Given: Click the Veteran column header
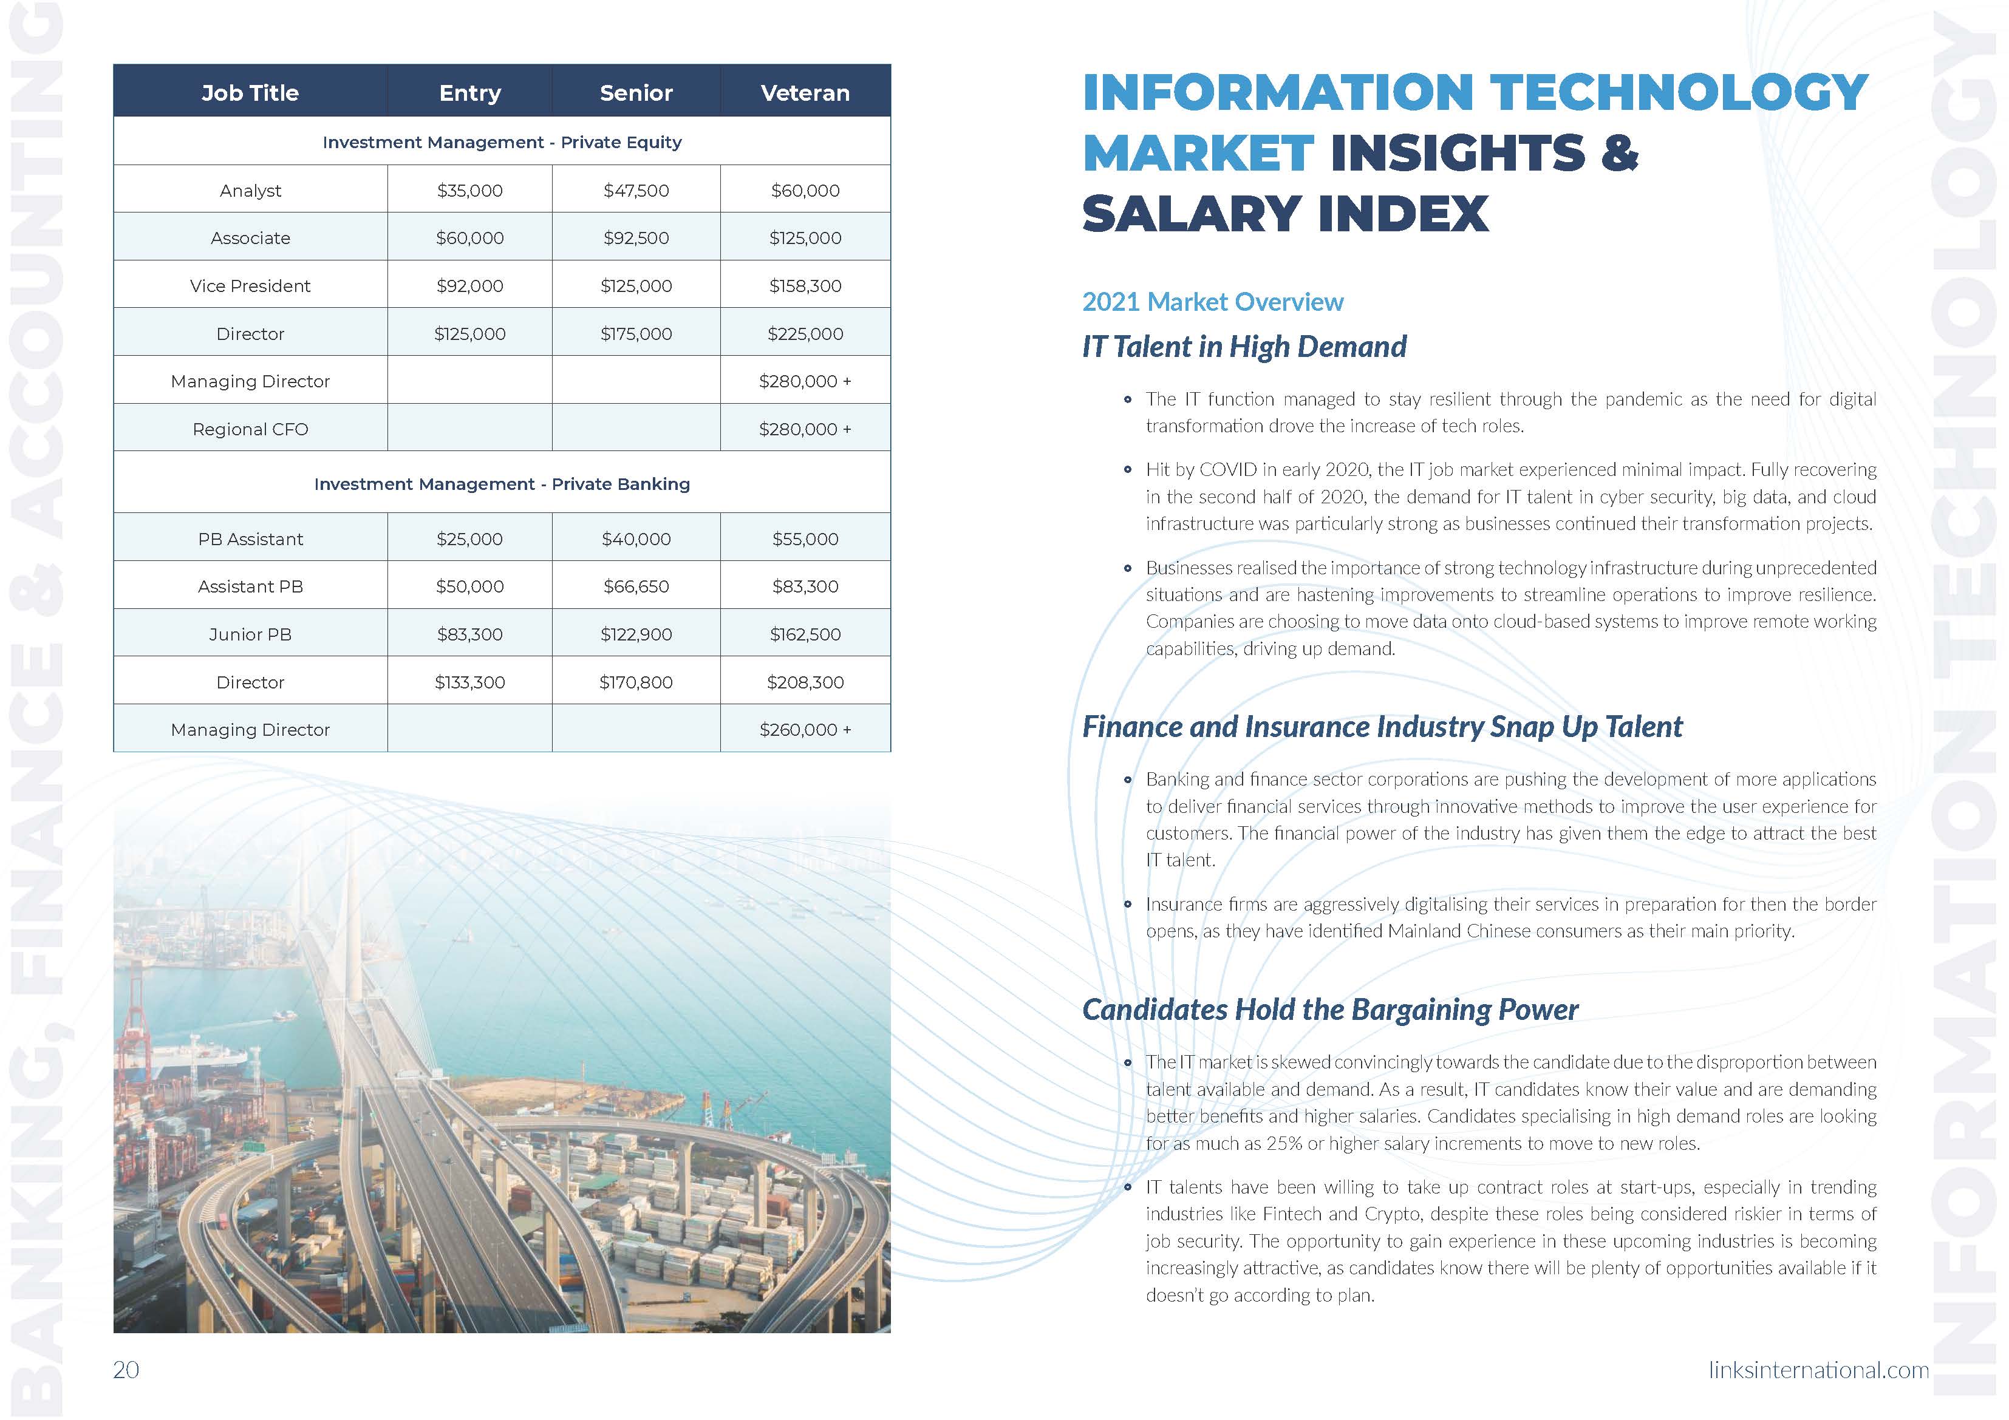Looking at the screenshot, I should point(805,93).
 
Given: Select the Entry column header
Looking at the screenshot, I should point(470,93).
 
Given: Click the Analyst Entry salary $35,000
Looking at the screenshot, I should point(470,191).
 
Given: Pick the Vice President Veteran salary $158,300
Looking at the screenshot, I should point(805,286).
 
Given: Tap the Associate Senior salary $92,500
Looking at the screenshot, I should point(636,238).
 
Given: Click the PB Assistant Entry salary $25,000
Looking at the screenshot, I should point(470,539).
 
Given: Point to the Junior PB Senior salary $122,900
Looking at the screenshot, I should point(636,634).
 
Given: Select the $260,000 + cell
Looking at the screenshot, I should point(805,730).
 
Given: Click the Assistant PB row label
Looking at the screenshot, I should point(250,587).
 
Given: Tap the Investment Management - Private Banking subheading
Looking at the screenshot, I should point(502,484).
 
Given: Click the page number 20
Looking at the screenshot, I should point(126,1369).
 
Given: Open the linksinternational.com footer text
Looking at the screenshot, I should point(1818,1369).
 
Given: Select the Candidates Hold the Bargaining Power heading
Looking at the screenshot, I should point(1330,1010).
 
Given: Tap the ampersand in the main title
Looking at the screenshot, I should point(1620,153).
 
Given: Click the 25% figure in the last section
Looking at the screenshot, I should point(1284,1144).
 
